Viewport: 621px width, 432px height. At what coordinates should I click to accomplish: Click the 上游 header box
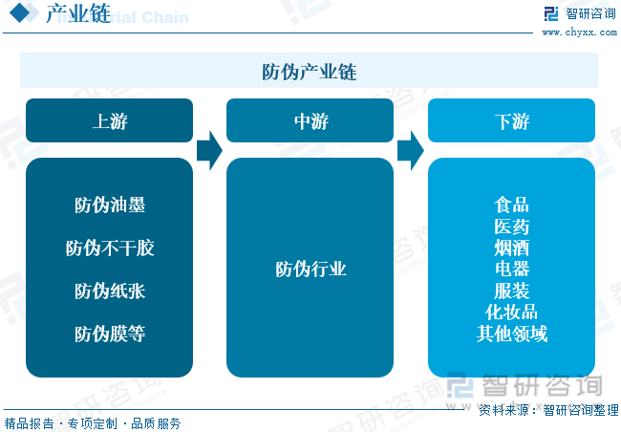pyautogui.click(x=109, y=120)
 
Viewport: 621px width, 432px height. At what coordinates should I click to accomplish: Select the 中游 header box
pyautogui.click(x=310, y=120)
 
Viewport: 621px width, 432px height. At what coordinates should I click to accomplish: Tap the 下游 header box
pyautogui.click(x=511, y=120)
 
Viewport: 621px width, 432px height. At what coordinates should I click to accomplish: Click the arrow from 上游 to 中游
pyautogui.click(x=209, y=151)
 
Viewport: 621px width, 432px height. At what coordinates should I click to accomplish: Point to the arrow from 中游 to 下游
pyautogui.click(x=411, y=151)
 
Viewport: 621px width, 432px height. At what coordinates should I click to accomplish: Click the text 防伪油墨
pyautogui.click(x=110, y=205)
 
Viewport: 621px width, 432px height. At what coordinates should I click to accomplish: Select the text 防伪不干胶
pyautogui.click(x=110, y=248)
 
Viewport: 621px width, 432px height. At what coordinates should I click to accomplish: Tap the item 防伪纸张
pyautogui.click(x=110, y=291)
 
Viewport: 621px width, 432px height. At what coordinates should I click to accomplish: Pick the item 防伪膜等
pyautogui.click(x=110, y=334)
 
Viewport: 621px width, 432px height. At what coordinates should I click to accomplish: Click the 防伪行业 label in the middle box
pyautogui.click(x=310, y=270)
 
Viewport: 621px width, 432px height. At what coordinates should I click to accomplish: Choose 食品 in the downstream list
pyautogui.click(x=511, y=205)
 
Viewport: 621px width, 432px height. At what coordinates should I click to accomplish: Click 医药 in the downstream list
pyautogui.click(x=511, y=227)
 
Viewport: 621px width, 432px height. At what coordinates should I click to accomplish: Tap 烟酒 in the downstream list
pyautogui.click(x=511, y=248)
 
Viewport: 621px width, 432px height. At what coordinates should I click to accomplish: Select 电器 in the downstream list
pyautogui.click(x=511, y=270)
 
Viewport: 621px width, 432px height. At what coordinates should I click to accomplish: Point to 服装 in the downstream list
pyautogui.click(x=511, y=291)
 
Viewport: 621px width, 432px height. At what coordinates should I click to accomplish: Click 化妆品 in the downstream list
pyautogui.click(x=511, y=312)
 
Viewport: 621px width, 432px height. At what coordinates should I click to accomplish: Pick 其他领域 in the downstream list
pyautogui.click(x=511, y=334)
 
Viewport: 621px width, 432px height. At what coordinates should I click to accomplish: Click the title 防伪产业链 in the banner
pyautogui.click(x=309, y=72)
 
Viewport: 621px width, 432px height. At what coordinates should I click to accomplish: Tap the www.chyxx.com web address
pyautogui.click(x=579, y=32)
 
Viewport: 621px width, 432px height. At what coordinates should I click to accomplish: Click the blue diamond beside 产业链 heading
pyautogui.click(x=20, y=12)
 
